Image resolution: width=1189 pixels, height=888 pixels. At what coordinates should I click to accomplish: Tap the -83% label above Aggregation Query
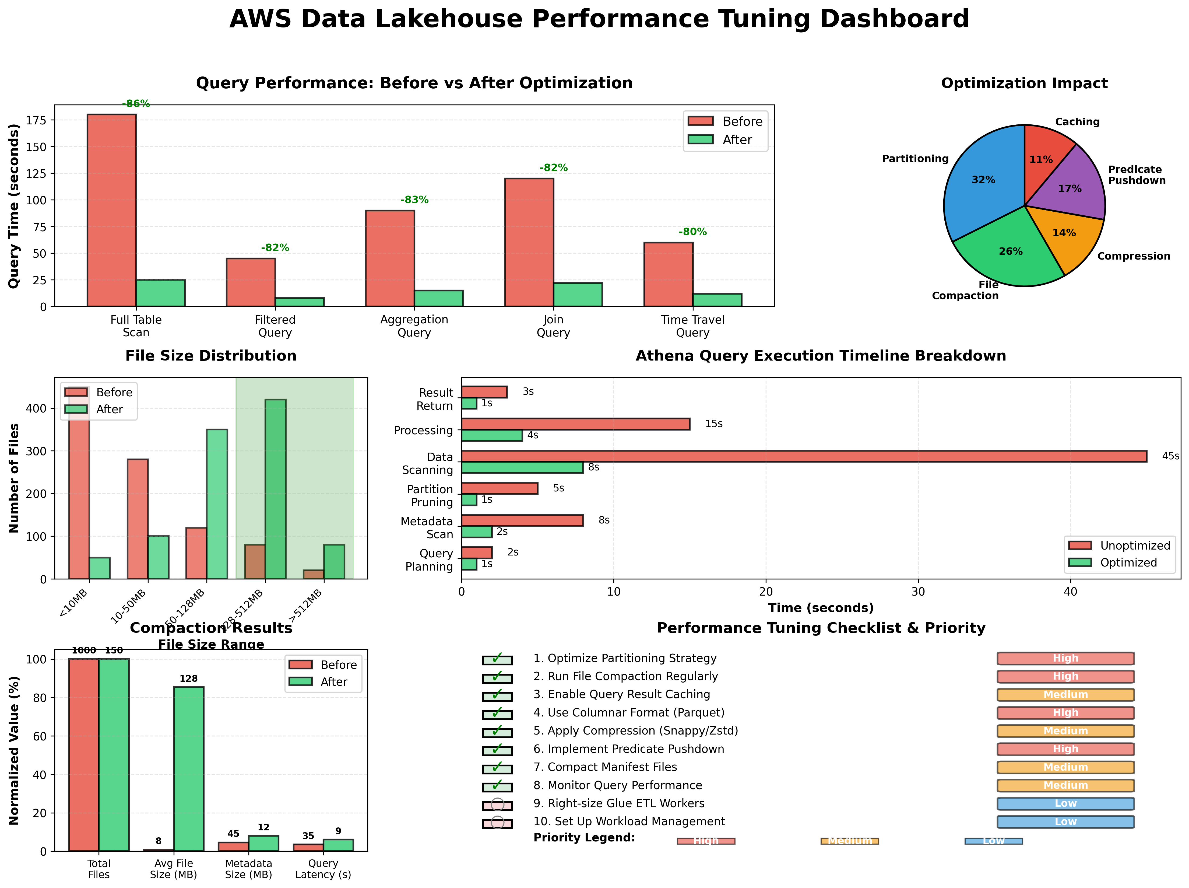(414, 200)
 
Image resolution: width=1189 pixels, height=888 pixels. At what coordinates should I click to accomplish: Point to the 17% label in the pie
(1069, 189)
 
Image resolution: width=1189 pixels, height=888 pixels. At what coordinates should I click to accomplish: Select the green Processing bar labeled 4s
(492, 435)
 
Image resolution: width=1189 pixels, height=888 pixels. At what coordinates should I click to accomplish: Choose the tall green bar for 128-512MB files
(275, 489)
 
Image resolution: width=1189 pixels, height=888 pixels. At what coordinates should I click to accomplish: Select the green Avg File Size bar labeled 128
(189, 769)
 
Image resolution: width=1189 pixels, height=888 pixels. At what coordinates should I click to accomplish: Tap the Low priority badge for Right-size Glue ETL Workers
(1065, 804)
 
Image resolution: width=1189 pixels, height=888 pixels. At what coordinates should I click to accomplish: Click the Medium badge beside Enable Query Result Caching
(1065, 694)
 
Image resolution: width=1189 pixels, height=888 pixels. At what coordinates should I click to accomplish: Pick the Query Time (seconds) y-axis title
(14, 206)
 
